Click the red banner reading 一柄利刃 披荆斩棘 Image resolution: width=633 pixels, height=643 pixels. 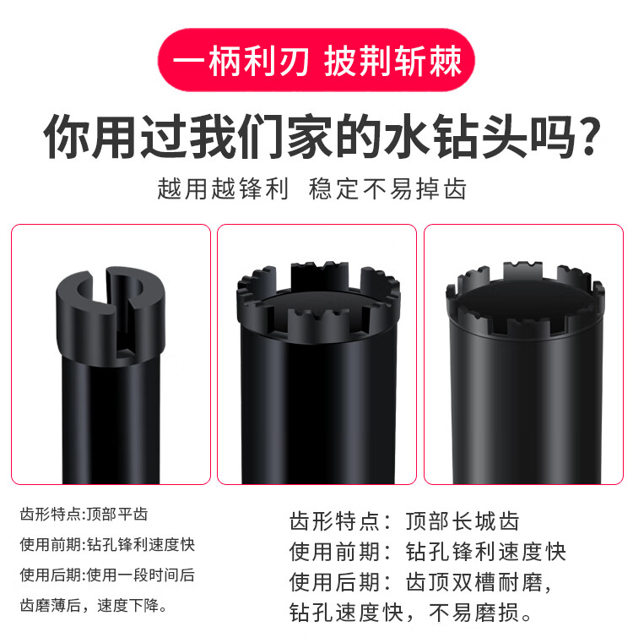[316, 60]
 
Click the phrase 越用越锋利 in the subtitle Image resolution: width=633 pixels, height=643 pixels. [223, 189]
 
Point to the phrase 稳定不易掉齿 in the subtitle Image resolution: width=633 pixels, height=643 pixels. [387, 189]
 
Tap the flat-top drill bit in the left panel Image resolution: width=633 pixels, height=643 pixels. [111, 375]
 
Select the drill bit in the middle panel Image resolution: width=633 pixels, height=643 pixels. [318, 373]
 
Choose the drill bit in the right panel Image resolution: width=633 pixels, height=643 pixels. [525, 373]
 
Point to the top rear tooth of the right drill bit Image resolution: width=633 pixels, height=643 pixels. [522, 270]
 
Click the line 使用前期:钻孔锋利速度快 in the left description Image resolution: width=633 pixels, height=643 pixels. [107, 545]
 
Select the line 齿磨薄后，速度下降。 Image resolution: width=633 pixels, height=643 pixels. [94, 605]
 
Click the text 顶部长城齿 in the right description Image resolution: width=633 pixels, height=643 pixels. [463, 521]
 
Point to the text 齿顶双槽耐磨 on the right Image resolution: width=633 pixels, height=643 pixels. [474, 582]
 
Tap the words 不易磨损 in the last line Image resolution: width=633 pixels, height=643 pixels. [474, 613]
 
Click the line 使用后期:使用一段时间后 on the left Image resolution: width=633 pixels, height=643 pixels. [107, 575]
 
